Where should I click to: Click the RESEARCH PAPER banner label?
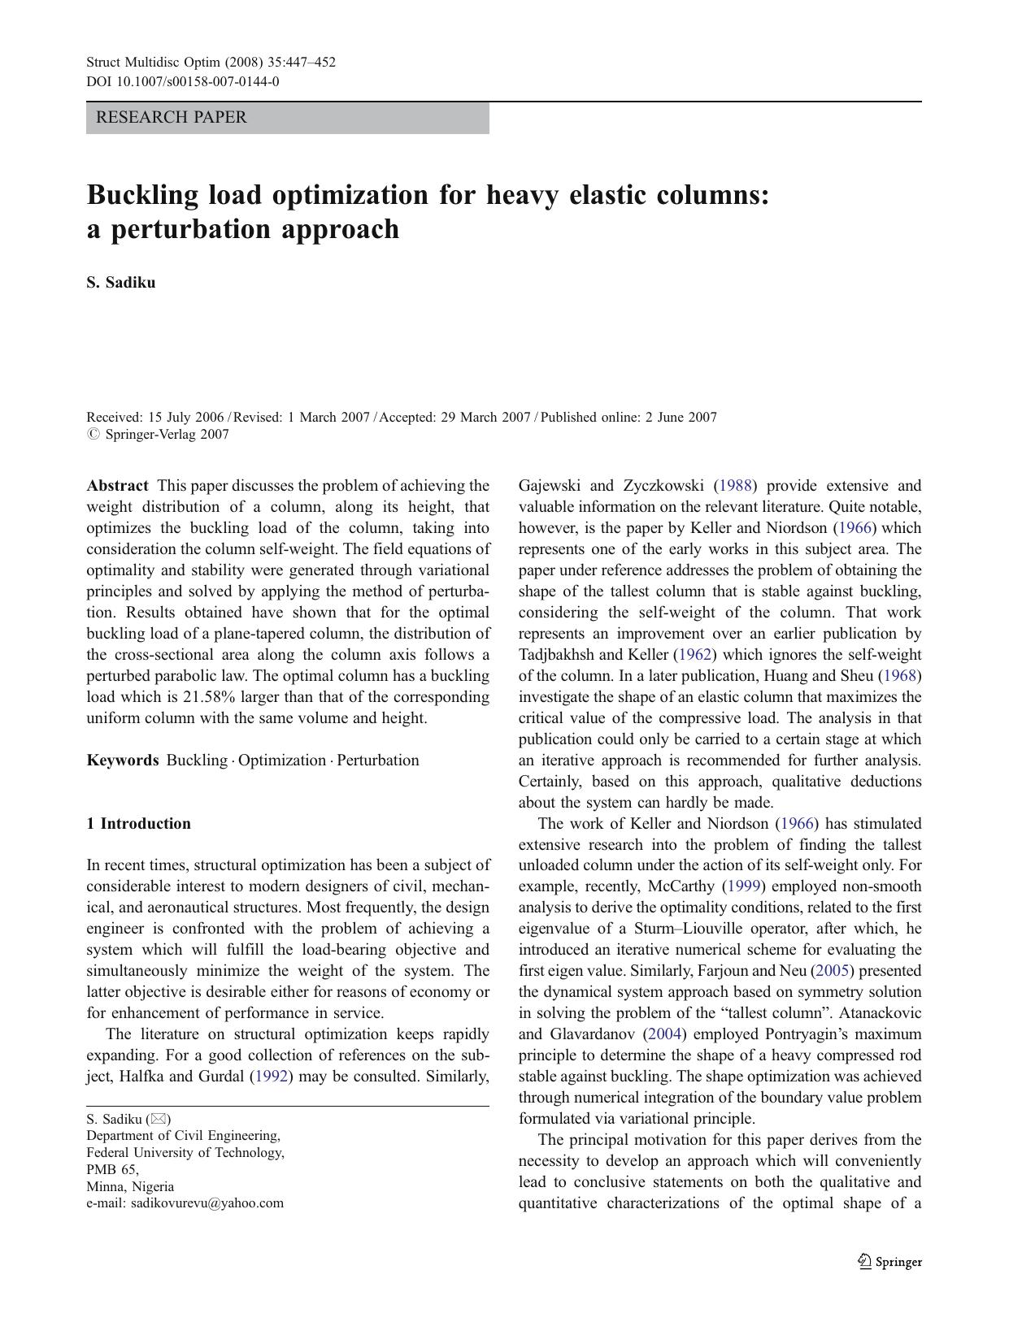(171, 117)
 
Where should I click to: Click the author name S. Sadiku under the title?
(120, 283)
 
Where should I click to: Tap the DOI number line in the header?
(183, 81)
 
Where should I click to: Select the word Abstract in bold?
(117, 486)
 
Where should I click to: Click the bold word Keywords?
(123, 760)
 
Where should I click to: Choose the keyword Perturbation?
(378, 760)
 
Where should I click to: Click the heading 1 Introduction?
(138, 824)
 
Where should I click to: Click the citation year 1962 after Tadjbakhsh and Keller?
(694, 655)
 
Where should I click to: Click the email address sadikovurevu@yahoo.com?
(207, 1203)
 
